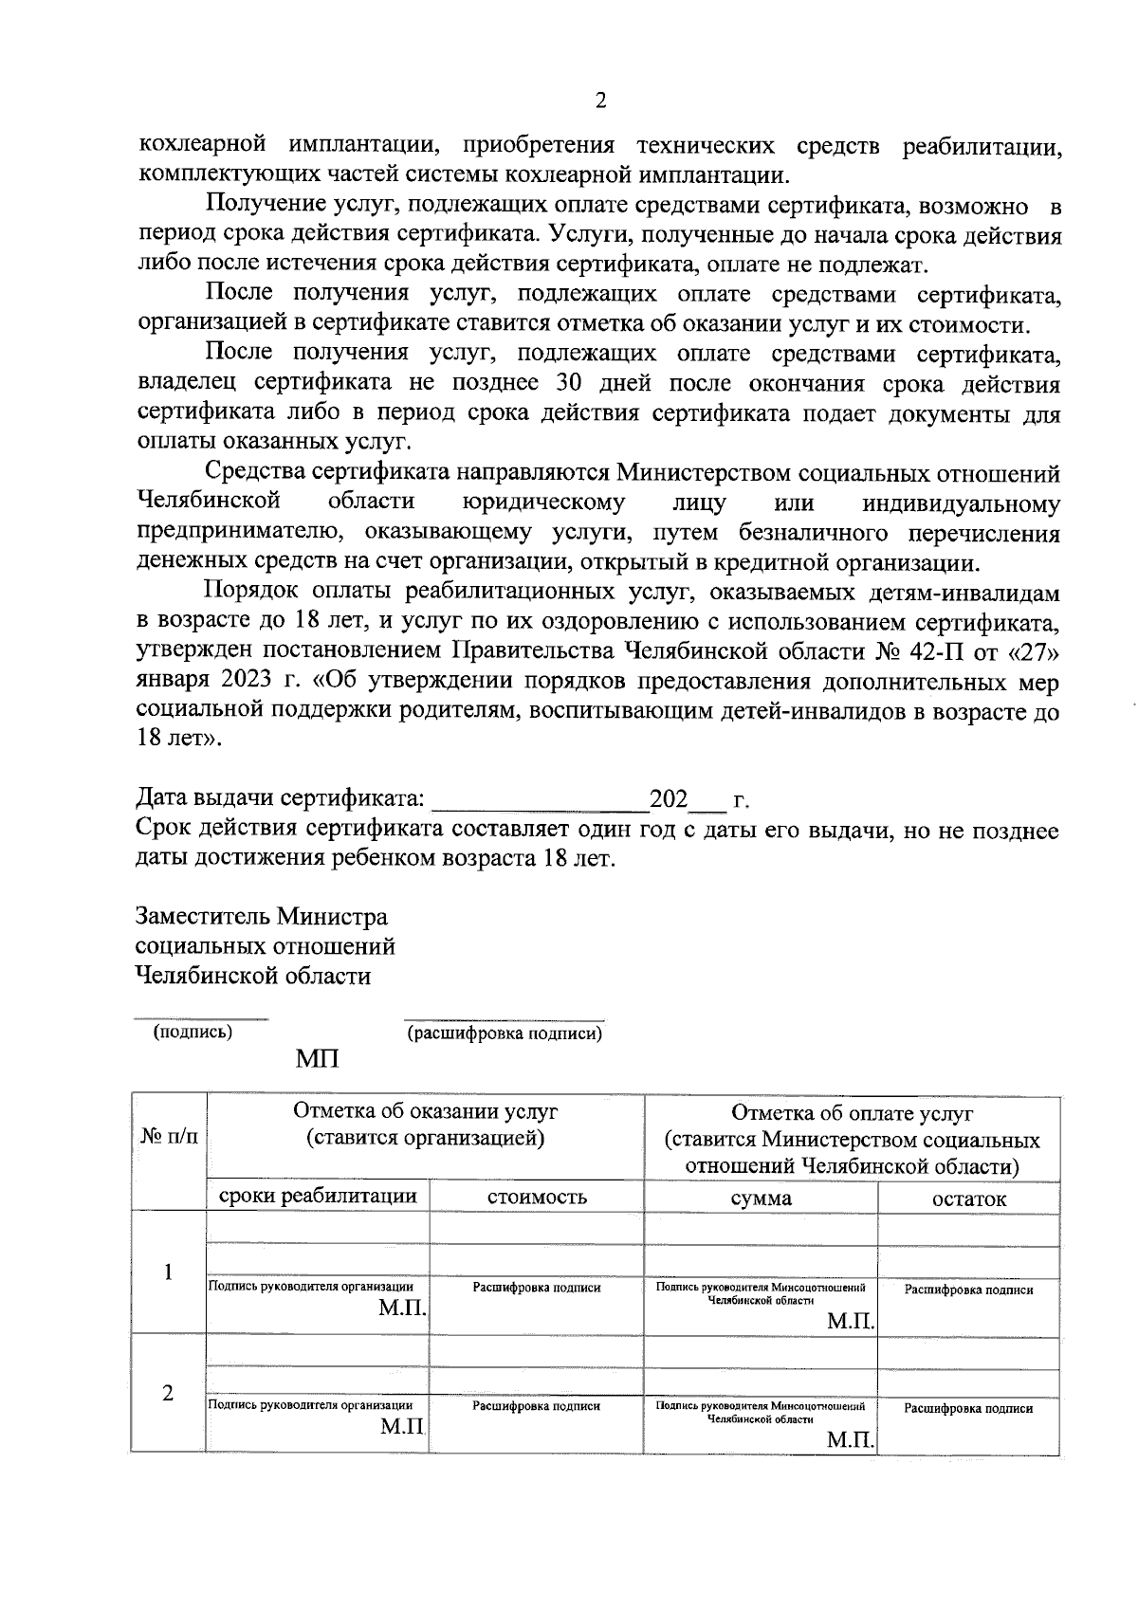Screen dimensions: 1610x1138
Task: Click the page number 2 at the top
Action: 599,101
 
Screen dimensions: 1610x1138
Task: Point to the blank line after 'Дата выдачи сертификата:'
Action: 539,802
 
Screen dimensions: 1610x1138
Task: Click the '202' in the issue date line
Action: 668,799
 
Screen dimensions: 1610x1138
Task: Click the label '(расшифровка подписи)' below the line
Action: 504,1034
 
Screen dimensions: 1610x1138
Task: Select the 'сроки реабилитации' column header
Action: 318,1196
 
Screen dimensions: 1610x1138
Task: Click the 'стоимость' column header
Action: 537,1197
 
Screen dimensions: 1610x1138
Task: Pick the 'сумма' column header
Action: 761,1198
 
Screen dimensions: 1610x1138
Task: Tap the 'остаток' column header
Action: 968,1198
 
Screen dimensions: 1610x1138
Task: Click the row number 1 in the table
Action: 168,1272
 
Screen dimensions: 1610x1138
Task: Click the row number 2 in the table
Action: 168,1393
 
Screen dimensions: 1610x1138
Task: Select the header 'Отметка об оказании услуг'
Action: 425,1111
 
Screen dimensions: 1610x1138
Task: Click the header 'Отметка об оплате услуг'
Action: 852,1113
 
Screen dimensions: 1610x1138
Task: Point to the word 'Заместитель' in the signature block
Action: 202,917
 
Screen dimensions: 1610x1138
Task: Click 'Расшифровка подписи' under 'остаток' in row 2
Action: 968,1408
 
